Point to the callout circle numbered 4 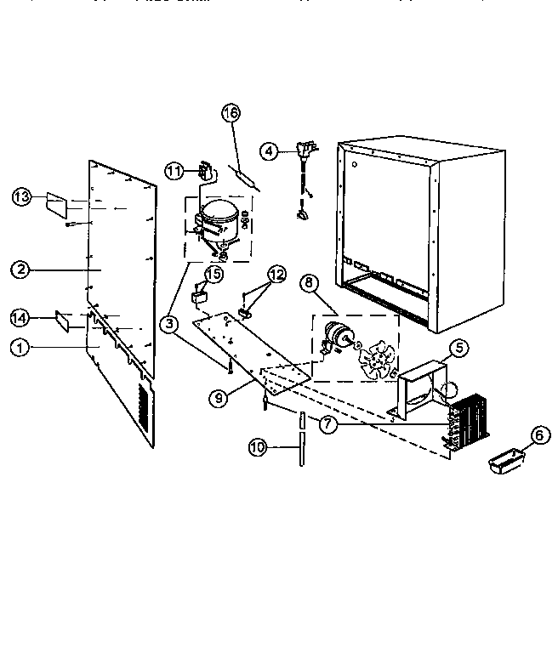(x=269, y=151)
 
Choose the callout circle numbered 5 (x=458, y=347)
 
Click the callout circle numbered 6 (x=537, y=434)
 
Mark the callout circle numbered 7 (x=327, y=423)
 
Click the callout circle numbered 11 (x=174, y=172)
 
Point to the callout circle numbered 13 (x=23, y=197)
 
